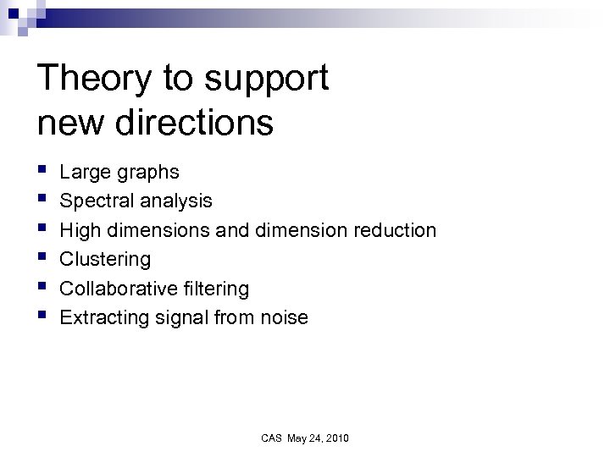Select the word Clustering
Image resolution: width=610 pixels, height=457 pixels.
[105, 260]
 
